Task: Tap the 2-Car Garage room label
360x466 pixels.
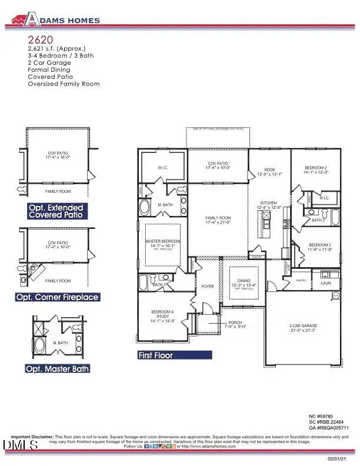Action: [304, 327]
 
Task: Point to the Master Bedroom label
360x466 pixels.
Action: [162, 242]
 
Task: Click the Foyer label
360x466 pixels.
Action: [207, 287]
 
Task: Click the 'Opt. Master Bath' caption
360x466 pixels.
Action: [57, 369]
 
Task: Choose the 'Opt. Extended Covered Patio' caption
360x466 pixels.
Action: [56, 212]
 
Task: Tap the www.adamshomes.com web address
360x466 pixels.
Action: [212, 447]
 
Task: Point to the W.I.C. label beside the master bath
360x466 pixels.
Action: [163, 168]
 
